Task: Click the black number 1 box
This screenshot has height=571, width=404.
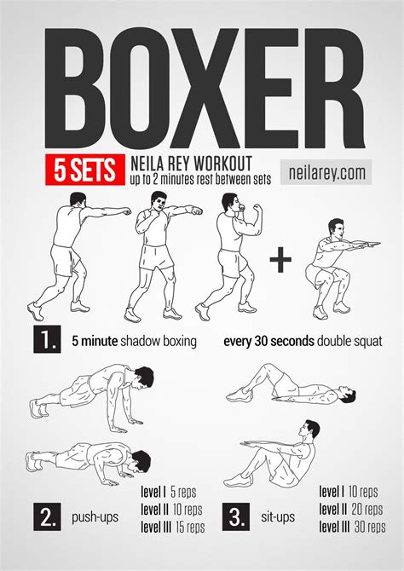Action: pyautogui.click(x=46, y=341)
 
